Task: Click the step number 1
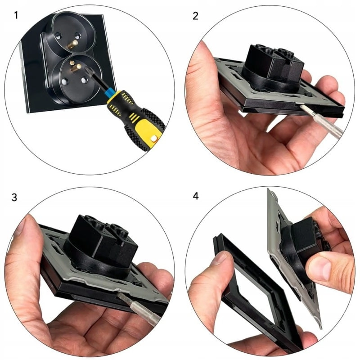click(16, 15)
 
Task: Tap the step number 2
click(195, 16)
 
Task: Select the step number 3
click(14, 198)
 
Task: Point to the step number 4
click(196, 196)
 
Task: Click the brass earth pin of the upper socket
click(72, 44)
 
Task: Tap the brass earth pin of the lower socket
click(76, 68)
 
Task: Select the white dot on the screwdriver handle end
click(154, 138)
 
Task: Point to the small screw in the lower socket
click(72, 63)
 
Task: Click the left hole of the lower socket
click(64, 81)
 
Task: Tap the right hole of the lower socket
click(85, 80)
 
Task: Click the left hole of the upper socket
click(58, 35)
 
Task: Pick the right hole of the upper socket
click(77, 36)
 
